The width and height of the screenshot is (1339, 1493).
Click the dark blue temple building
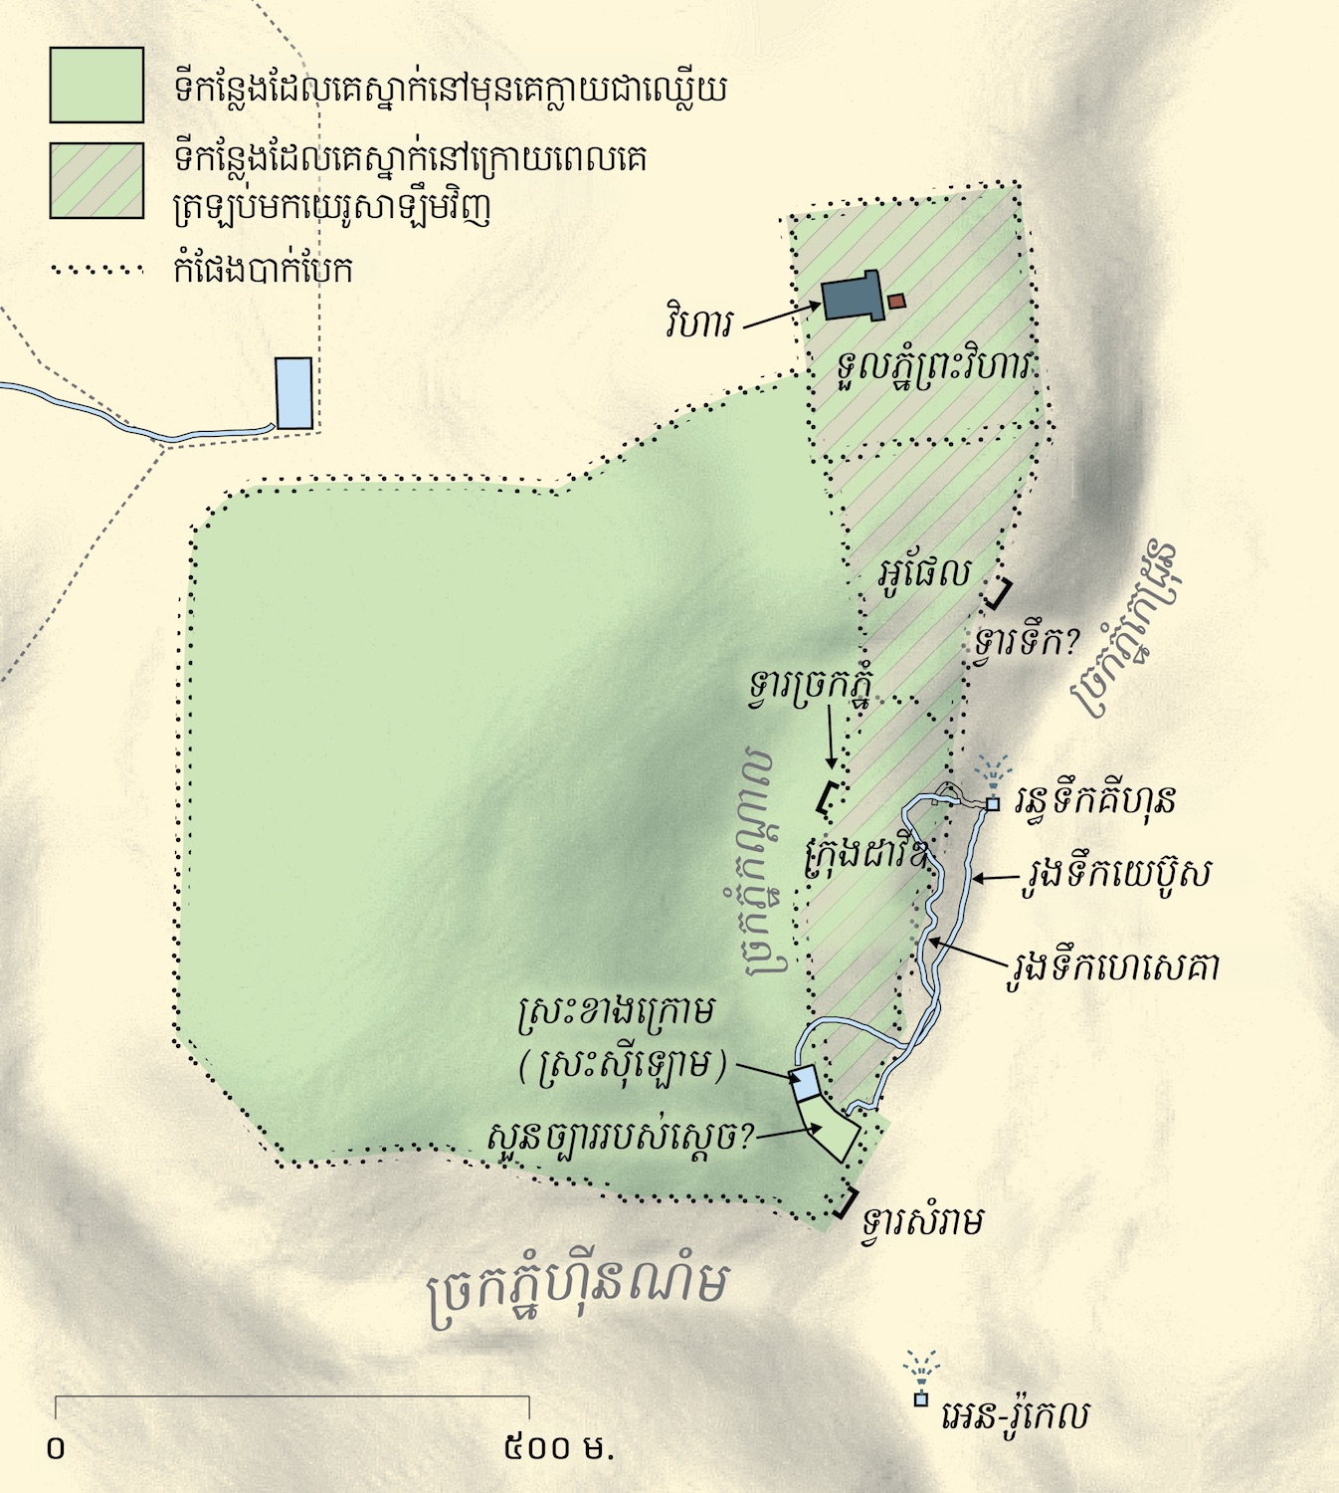point(853,297)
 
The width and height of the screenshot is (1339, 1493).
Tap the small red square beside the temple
point(897,301)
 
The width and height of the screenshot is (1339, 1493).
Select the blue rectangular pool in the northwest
point(294,393)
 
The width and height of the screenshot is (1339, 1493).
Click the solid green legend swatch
point(96,86)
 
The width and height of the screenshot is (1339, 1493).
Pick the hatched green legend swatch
point(96,180)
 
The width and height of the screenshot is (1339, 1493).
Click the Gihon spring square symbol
point(992,804)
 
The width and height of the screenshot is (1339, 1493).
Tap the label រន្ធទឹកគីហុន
point(1095,799)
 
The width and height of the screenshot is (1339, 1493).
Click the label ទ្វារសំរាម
point(923,1221)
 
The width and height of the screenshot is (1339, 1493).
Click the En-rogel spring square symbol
point(921,1398)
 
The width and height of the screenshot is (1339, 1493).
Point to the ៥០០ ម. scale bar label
point(559,1446)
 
